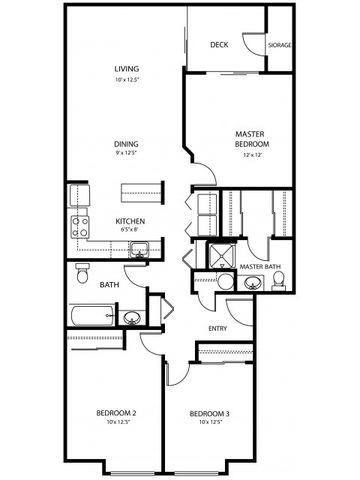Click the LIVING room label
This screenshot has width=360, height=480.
pyautogui.click(x=125, y=69)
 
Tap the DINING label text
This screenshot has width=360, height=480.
pyautogui.click(x=126, y=144)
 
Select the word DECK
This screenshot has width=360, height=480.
pyautogui.click(x=220, y=45)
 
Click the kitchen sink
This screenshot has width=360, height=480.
pyautogui.click(x=138, y=250)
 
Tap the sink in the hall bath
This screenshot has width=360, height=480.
pyautogui.click(x=132, y=318)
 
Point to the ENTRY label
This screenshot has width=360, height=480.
pyautogui.click(x=217, y=328)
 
